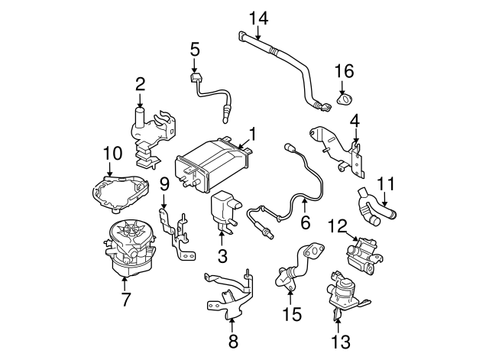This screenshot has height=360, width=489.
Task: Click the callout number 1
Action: pyautogui.click(x=252, y=135)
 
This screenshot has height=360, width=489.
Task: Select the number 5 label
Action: pyautogui.click(x=195, y=50)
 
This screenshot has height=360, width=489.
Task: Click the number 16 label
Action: pyautogui.click(x=345, y=71)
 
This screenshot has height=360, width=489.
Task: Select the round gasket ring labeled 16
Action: pyautogui.click(x=343, y=99)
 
